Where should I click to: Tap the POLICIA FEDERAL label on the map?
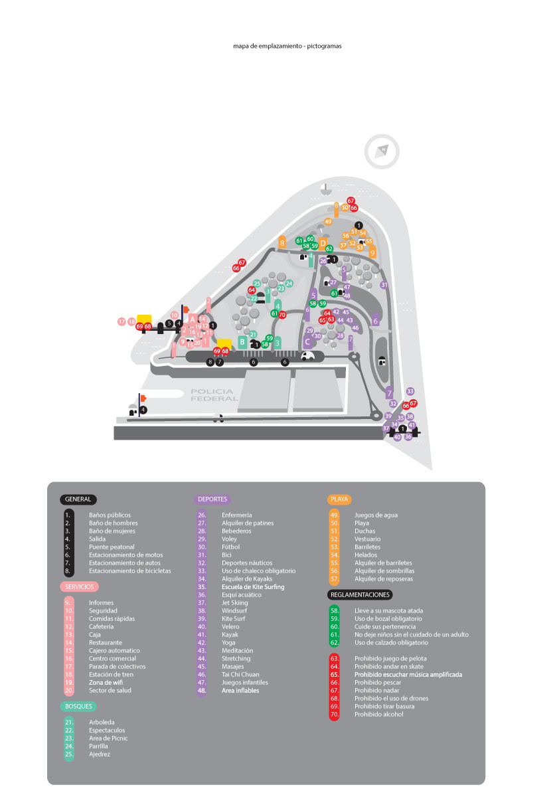[214, 395]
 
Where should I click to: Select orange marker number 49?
[328, 222]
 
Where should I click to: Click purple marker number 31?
[384, 285]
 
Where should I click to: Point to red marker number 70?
[282, 314]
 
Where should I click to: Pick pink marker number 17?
[121, 321]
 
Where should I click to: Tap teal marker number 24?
[289, 284]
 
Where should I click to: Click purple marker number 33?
[410, 392]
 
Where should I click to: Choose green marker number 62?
[329, 249]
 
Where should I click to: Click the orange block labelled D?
[323, 244]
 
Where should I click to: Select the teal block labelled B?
[242, 343]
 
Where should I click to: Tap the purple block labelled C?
[307, 343]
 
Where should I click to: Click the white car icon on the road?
[307, 356]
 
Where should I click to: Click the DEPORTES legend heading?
[212, 499]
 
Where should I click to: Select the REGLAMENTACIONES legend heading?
[359, 595]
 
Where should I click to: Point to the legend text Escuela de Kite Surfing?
[253, 587]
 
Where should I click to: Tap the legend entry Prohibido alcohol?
[378, 715]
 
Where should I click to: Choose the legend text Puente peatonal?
[112, 547]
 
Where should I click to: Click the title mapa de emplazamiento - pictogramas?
[287, 46]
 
